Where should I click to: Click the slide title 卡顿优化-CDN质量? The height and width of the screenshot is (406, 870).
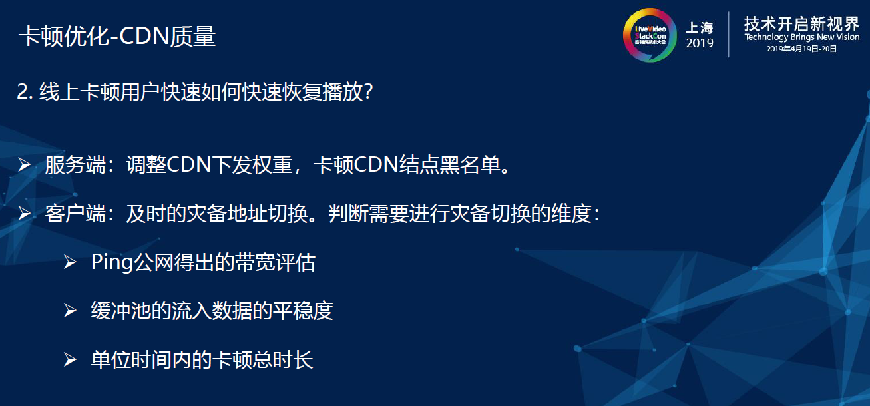click(117, 36)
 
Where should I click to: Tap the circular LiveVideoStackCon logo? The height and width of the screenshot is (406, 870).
click(650, 35)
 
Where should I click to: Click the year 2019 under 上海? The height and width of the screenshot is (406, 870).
click(700, 43)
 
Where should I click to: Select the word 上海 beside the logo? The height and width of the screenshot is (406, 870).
click(700, 28)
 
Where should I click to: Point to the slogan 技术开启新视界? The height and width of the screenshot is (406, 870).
click(801, 24)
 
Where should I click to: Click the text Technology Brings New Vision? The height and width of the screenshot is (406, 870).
click(801, 37)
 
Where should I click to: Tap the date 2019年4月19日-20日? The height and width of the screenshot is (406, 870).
click(801, 49)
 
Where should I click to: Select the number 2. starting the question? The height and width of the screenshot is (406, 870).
click(25, 93)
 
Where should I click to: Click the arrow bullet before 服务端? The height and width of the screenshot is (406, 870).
click(25, 165)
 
